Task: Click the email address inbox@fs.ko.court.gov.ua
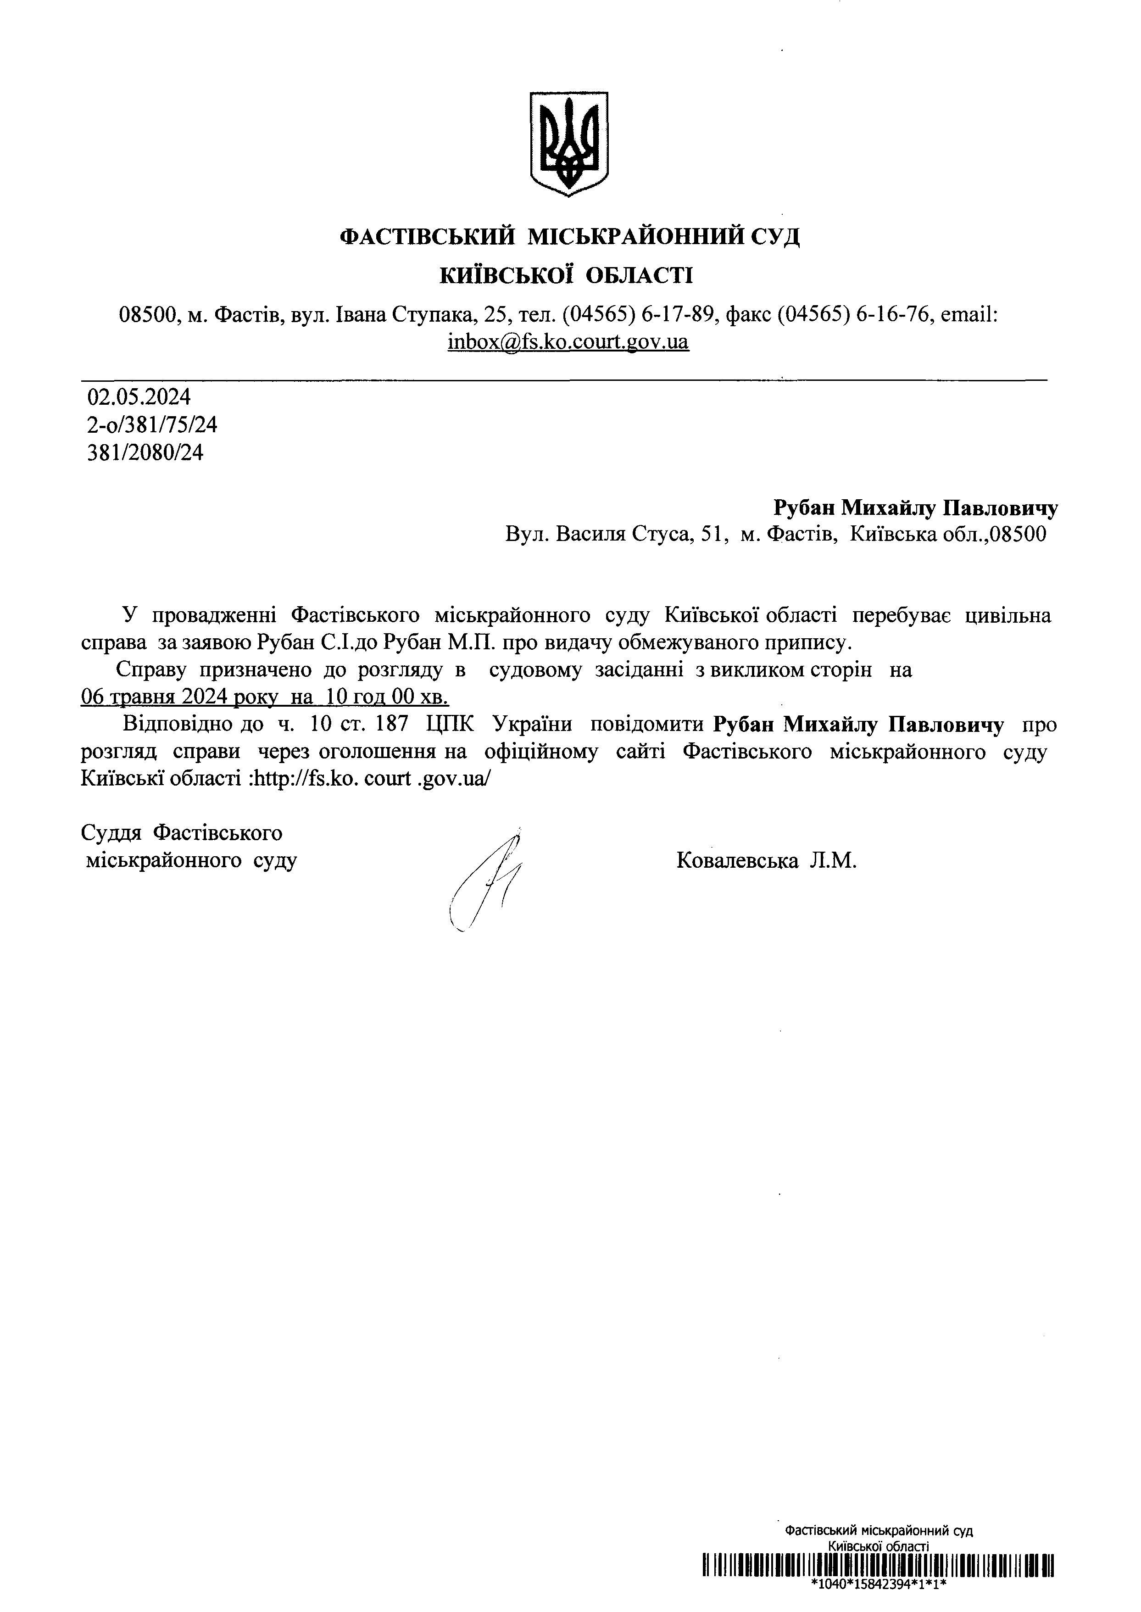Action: tap(568, 342)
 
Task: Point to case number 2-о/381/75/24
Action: tap(152, 424)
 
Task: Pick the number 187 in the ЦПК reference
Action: tap(393, 724)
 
